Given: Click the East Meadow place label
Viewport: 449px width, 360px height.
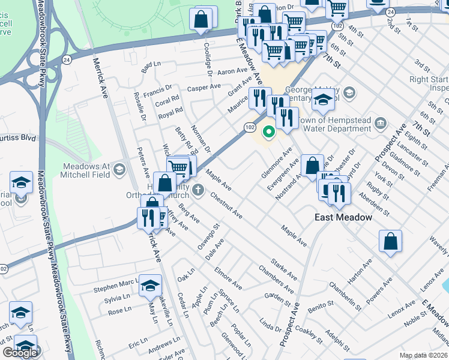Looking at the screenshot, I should coord(343,217).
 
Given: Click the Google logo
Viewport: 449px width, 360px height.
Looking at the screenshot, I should coord(20,353).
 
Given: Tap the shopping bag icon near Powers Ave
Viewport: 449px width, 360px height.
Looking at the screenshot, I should coord(390,242).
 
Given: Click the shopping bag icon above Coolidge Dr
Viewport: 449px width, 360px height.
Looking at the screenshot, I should coord(201,19).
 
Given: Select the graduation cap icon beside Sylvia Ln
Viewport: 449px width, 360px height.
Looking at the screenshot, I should coord(150,286).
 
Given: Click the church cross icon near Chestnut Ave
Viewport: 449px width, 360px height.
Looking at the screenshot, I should coord(199,191).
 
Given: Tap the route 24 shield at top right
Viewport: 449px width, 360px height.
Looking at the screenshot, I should coord(391,12).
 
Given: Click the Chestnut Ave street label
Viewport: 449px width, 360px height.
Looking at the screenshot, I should coord(226,205).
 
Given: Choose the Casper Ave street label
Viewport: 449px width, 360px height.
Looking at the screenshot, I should coord(204,88).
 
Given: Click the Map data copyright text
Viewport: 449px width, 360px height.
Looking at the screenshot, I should coord(424,355).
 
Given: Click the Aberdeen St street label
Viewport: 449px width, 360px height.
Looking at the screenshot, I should coord(372,204).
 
